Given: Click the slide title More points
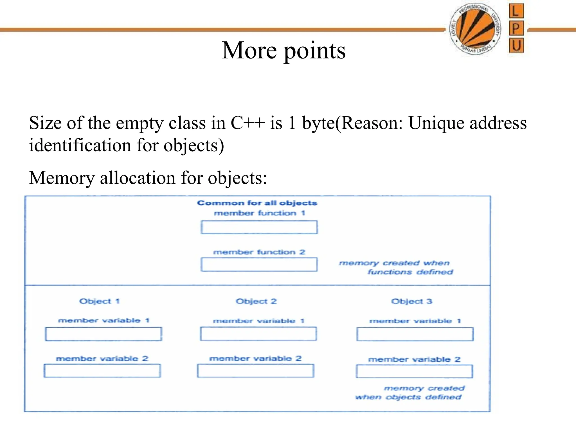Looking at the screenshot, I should (283, 51).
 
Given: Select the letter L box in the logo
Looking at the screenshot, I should (516, 11).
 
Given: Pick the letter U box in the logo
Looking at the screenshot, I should (516, 46).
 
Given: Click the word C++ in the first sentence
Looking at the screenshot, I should (247, 123).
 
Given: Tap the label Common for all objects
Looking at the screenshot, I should (257, 203).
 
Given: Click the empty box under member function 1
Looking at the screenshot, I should (259, 227).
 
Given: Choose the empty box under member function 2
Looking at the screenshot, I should (259, 265).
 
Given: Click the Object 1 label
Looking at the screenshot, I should (100, 301).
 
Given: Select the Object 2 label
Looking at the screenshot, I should (256, 301).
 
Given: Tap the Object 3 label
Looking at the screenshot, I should (411, 301).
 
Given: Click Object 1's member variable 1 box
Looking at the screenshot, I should (103, 334).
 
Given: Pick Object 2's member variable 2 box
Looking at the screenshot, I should (255, 371).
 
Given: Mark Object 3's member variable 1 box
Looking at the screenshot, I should (415, 334).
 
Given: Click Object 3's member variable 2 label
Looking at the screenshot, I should (414, 359).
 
